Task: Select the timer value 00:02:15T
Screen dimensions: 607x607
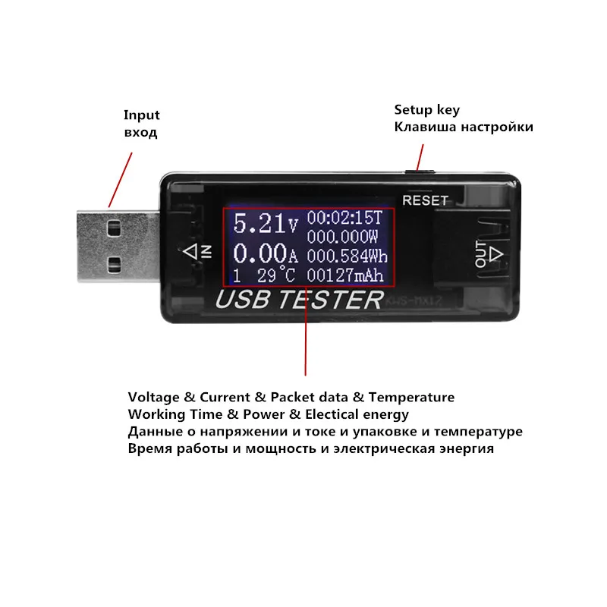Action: point(345,217)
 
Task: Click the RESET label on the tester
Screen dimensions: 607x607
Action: point(425,201)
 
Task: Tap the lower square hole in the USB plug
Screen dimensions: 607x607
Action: point(115,263)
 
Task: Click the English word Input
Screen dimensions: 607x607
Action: point(142,115)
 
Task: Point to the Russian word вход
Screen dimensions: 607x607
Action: point(140,132)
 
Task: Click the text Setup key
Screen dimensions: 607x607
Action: point(426,110)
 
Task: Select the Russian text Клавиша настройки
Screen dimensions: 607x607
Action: point(463,127)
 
